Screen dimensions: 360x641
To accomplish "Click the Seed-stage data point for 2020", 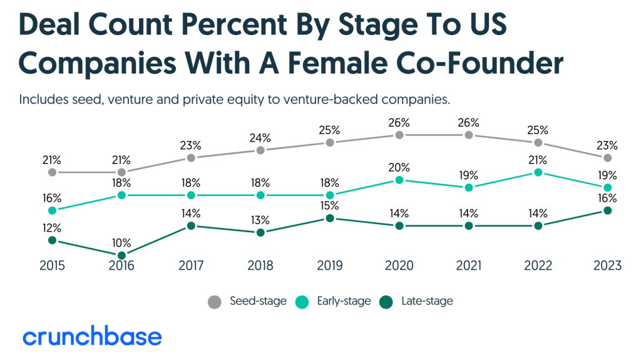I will pos(399,135).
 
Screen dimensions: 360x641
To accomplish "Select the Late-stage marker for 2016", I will pos(121,255).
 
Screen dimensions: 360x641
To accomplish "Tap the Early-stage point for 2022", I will pos(538,172).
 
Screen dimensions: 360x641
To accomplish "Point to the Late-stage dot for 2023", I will pos(607,210).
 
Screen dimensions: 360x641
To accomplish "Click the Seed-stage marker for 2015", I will pos(52,172).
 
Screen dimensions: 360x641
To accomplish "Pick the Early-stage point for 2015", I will pos(52,210).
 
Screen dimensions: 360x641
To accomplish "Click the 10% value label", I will pos(121,242).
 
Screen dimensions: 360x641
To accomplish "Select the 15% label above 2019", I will pos(329,206).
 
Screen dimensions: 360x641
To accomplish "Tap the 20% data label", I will pos(399,168).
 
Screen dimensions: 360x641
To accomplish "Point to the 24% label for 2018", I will pos(260,138).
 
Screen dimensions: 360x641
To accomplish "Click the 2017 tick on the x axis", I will pos(191,266).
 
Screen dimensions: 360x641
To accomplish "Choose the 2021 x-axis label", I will pos(468,266).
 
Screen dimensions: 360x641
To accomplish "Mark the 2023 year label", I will pos(607,266).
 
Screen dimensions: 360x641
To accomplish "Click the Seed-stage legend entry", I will pos(248,301).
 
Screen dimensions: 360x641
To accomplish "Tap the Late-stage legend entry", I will pos(416,301).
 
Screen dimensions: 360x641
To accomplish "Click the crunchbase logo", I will pos(93,336).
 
